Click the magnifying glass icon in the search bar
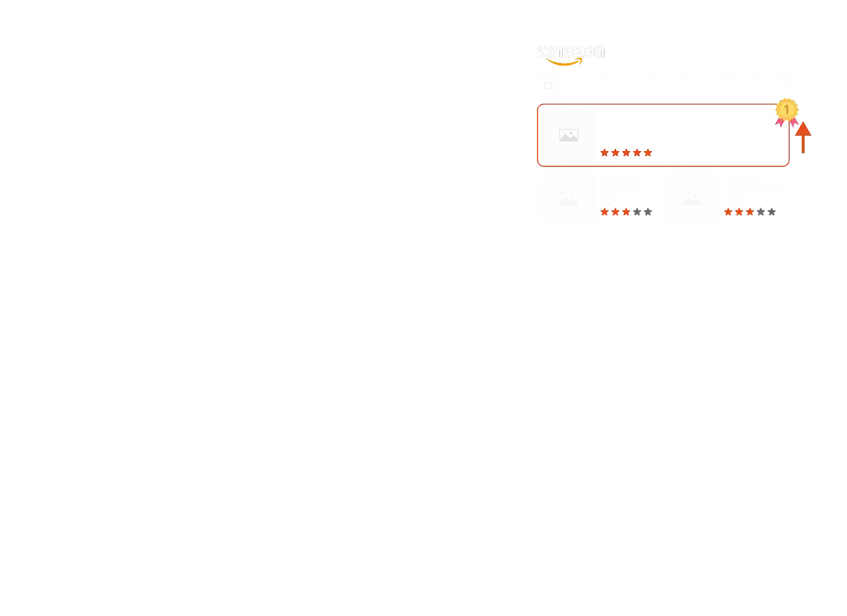click(x=548, y=86)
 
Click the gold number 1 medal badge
click(x=786, y=109)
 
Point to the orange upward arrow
click(x=802, y=137)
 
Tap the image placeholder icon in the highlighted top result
click(x=568, y=136)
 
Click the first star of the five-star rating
click(x=605, y=153)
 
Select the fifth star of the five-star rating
click(x=648, y=153)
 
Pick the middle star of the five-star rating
click(x=626, y=153)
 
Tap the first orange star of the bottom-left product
click(x=605, y=212)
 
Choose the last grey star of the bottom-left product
click(x=648, y=212)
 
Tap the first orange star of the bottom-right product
click(x=728, y=212)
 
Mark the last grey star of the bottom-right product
click(x=772, y=212)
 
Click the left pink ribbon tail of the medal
click(x=779, y=122)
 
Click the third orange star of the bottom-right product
click(x=750, y=212)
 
